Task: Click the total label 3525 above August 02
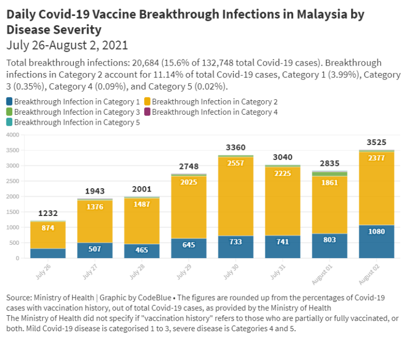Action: point(376,142)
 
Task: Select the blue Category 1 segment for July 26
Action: point(48,253)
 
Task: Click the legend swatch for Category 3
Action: point(10,112)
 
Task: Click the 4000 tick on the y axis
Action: point(13,135)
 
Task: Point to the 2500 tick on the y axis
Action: point(13,181)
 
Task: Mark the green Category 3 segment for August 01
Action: point(329,174)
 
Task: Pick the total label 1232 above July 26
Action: point(48,213)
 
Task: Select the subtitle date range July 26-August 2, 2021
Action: point(67,44)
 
